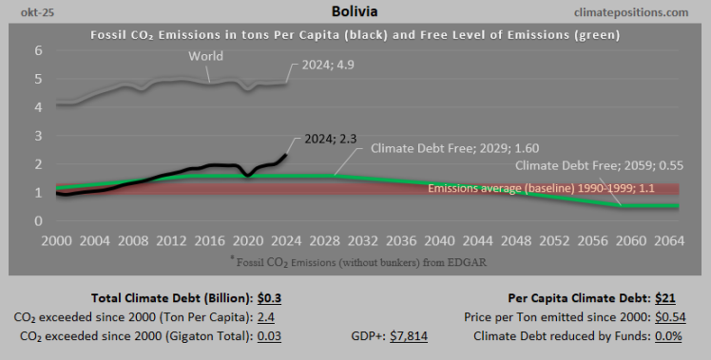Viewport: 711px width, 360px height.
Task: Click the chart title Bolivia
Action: pos(355,12)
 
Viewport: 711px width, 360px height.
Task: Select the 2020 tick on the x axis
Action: pos(247,242)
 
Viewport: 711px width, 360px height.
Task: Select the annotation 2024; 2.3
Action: pos(330,139)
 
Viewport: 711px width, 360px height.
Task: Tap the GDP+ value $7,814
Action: pos(413,335)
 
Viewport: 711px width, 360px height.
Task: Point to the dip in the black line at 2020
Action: pos(247,175)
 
